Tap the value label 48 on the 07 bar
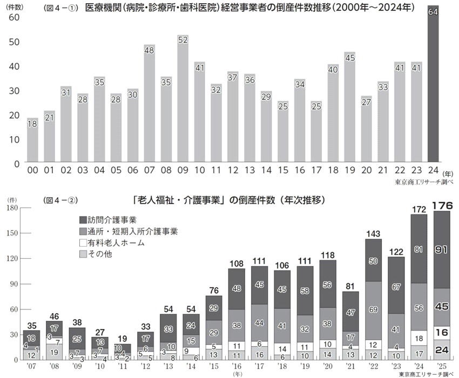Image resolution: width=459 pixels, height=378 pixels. [150, 50]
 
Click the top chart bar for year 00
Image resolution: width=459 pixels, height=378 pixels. [33, 140]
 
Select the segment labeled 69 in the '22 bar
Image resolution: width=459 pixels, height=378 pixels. [374, 309]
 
